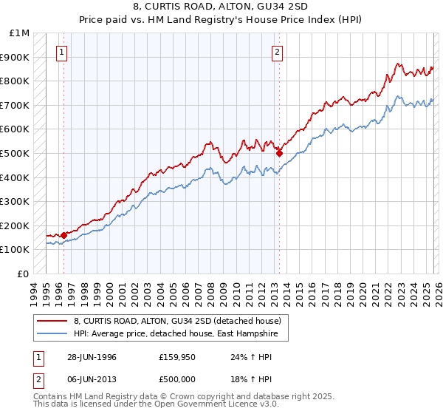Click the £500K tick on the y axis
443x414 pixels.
pyautogui.click(x=15, y=153)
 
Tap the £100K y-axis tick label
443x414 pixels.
pyautogui.click(x=15, y=250)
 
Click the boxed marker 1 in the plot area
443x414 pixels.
pyautogui.click(x=61, y=52)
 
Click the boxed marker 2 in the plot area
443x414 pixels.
pyautogui.click(x=277, y=52)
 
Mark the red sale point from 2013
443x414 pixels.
pyautogui.click(x=279, y=153)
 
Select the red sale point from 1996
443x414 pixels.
pyautogui.click(x=63, y=235)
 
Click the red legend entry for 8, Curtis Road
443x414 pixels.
pyautogui.click(x=177, y=322)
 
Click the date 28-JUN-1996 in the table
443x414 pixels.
pyautogui.click(x=91, y=356)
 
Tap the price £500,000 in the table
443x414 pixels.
pyautogui.click(x=177, y=379)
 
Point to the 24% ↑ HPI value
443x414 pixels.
pyautogui.click(x=251, y=356)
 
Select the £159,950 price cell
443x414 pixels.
pyautogui.click(x=177, y=356)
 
